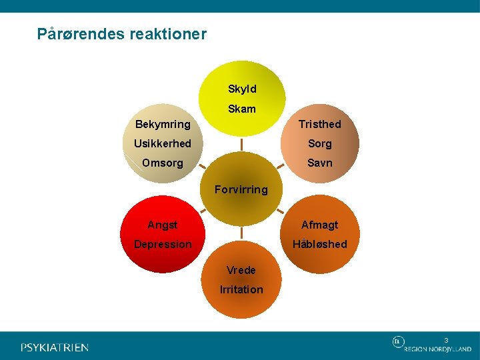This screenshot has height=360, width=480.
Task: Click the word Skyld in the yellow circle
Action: click(241, 89)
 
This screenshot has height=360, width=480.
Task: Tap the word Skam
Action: click(241, 109)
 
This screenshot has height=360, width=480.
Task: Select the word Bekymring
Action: click(163, 124)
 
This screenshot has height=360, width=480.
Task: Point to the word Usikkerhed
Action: click(163, 143)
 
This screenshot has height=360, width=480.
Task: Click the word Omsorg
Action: click(163, 163)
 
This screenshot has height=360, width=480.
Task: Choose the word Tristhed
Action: click(319, 124)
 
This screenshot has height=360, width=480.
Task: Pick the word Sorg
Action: click(319, 143)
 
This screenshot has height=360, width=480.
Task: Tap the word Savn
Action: click(319, 163)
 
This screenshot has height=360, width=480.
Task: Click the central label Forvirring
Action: click(241, 189)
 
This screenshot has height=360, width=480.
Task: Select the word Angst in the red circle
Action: click(163, 225)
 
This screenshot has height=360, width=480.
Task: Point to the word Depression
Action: click(163, 244)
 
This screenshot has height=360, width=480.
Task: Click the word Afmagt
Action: click(319, 225)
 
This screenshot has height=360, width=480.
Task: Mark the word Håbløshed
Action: click(319, 244)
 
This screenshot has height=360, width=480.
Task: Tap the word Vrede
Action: click(241, 270)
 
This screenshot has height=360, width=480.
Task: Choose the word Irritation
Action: click(241, 289)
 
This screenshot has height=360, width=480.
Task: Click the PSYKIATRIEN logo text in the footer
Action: click(55, 347)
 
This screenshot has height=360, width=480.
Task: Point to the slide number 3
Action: click(447, 340)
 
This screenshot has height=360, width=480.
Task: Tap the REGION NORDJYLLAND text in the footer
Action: click(437, 349)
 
